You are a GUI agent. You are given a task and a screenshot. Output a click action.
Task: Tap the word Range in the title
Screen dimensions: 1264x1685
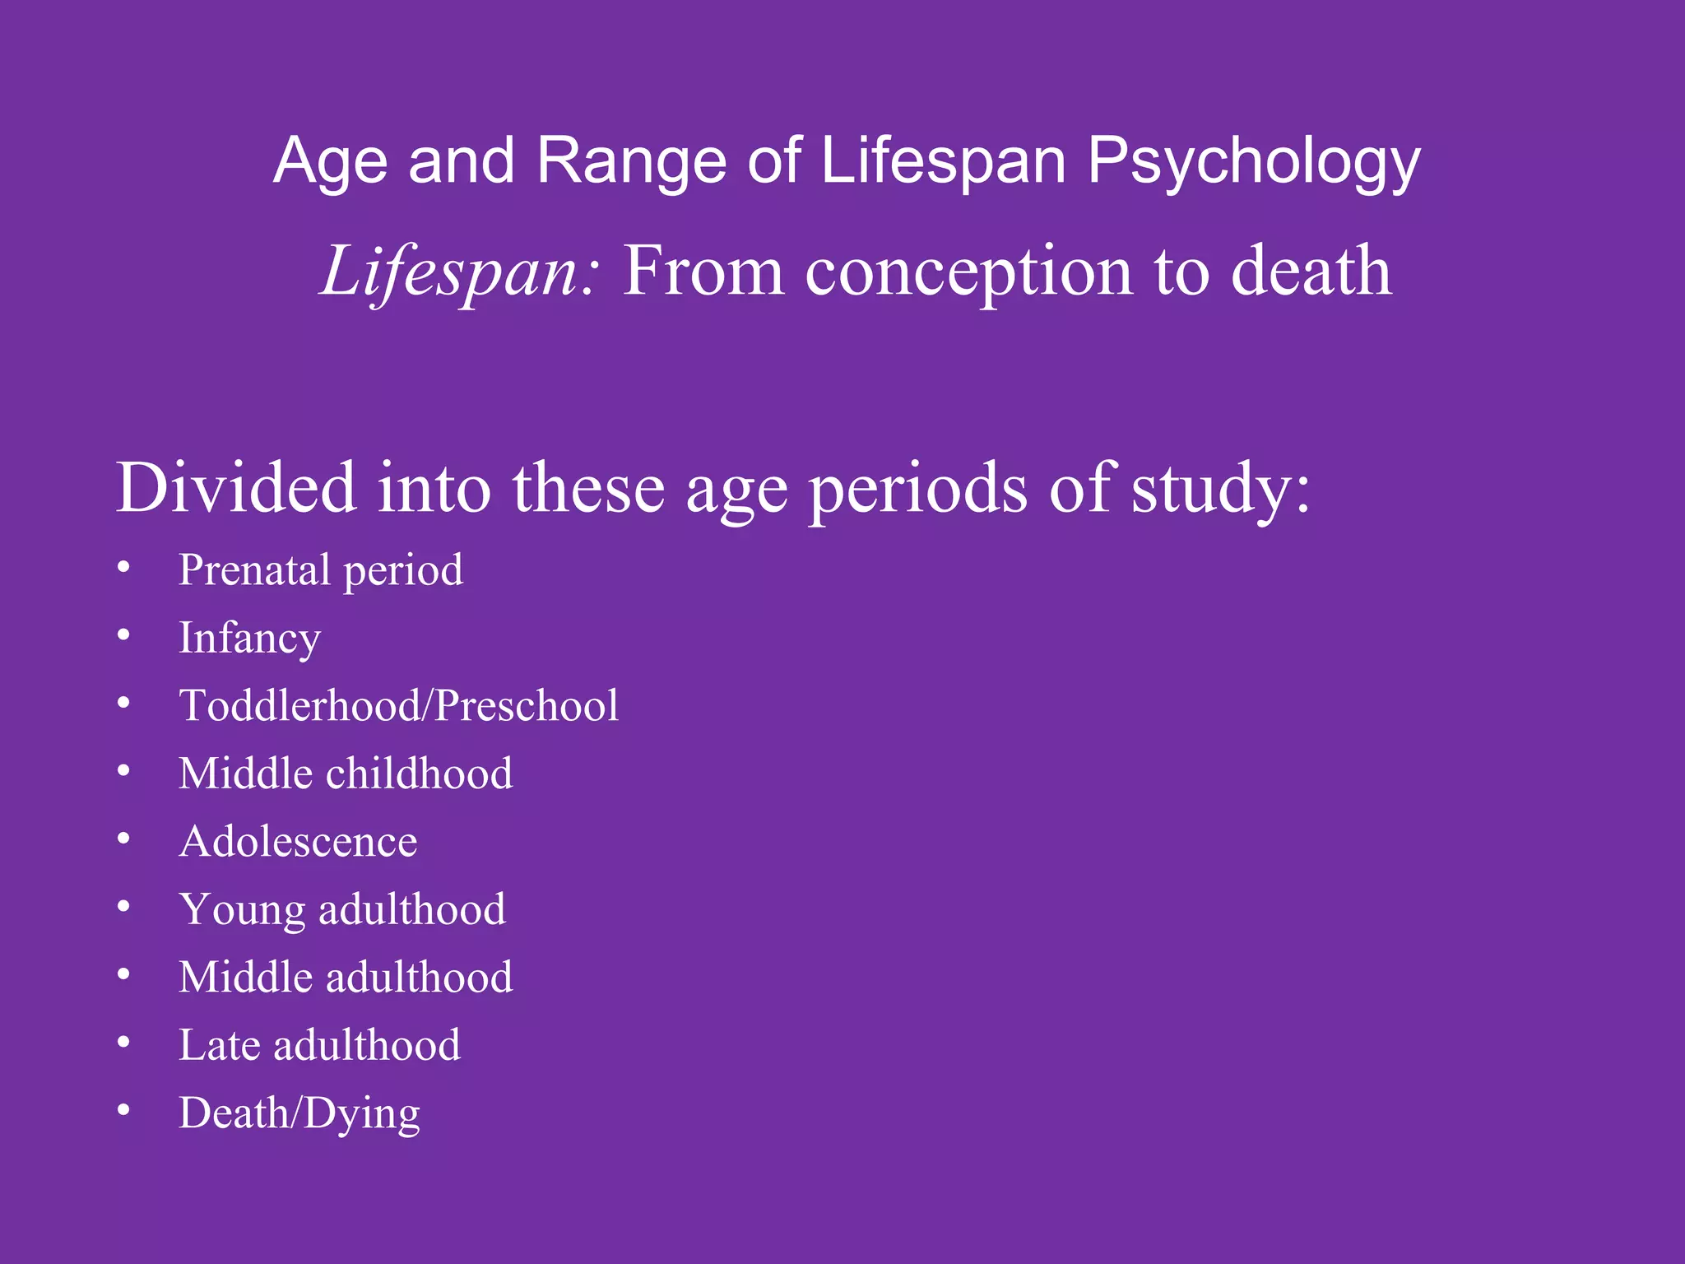631,162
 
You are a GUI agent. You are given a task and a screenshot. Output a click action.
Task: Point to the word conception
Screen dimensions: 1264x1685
968,272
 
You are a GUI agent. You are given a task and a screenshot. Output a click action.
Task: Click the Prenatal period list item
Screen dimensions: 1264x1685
321,570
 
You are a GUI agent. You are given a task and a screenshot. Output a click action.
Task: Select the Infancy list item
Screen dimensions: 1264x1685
249,639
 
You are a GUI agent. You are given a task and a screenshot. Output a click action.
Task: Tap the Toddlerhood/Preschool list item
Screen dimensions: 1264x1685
399,706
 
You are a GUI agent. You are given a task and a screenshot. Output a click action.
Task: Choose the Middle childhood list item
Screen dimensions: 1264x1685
346,774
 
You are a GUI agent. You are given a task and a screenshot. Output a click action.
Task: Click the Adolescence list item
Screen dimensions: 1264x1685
298,842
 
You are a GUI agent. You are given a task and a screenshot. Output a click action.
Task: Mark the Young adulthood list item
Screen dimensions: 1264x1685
342,910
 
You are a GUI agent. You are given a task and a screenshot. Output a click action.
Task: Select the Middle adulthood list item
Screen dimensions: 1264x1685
346,978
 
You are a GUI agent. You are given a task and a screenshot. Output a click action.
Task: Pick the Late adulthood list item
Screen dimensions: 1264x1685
319,1046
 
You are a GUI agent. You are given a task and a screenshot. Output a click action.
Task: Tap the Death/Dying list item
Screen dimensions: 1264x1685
299,1113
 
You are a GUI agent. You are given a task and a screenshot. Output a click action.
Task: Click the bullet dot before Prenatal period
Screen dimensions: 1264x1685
123,567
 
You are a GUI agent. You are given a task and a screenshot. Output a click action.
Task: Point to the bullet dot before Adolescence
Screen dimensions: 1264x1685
123,839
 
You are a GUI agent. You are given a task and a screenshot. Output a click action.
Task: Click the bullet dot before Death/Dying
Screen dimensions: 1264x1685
123,1110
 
